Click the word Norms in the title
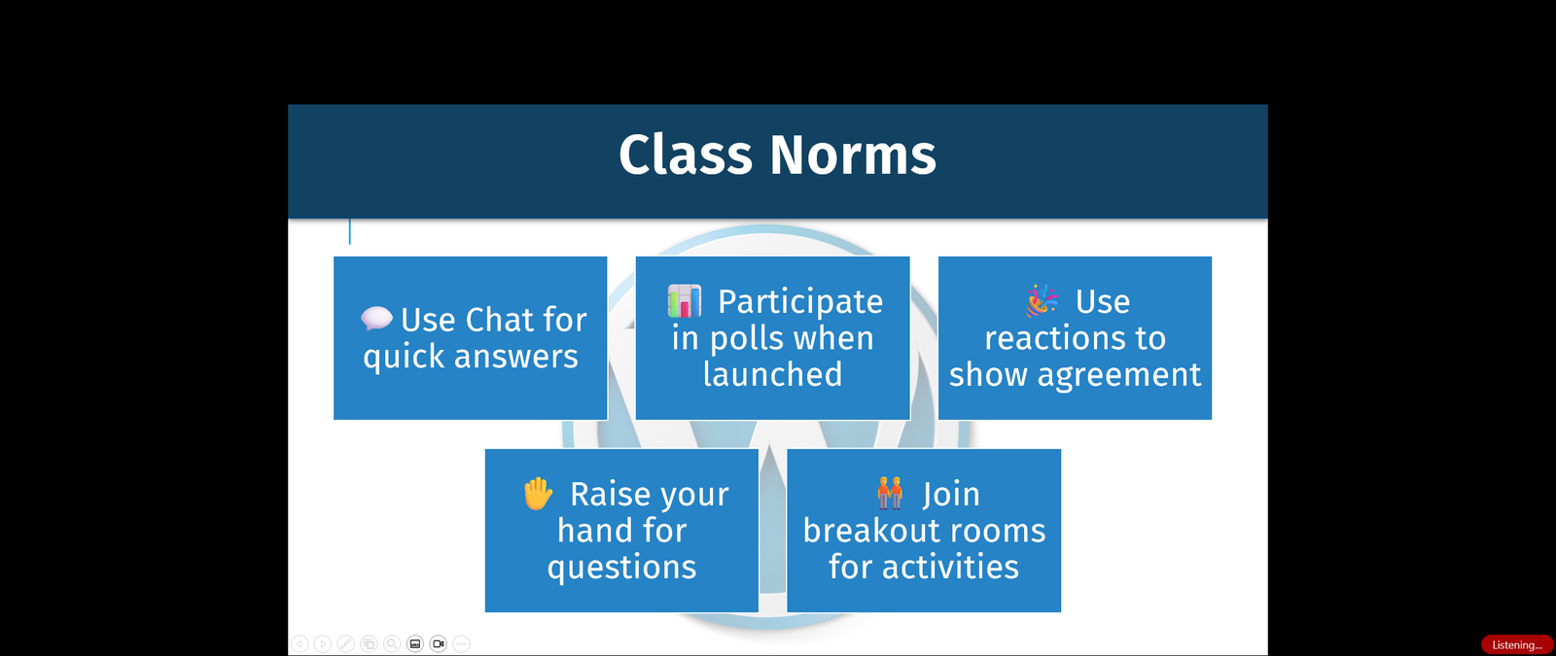tap(853, 155)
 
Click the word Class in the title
tap(686, 155)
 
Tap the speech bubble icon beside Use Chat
tap(376, 318)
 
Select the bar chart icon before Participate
tap(685, 301)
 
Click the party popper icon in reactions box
tap(1042, 301)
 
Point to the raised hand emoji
tap(538, 494)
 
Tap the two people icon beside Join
tap(890, 494)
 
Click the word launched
tap(772, 374)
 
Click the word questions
tap(621, 567)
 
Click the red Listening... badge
tap(1516, 644)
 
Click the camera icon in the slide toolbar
tap(439, 643)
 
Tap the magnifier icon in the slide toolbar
tap(392, 643)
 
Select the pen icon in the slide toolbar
tap(345, 643)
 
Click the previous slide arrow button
tap(300, 643)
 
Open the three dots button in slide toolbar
tap(462, 643)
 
